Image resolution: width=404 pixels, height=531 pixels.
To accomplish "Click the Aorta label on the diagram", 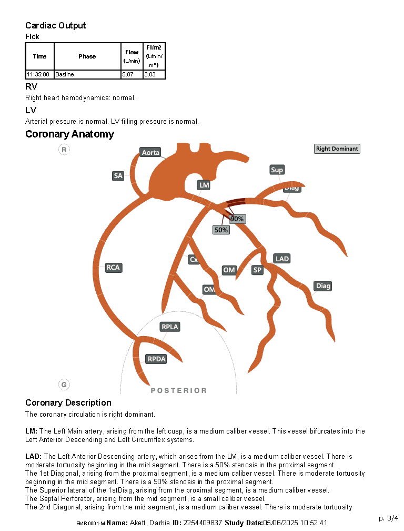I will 150,153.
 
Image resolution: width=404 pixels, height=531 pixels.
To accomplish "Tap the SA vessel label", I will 118,176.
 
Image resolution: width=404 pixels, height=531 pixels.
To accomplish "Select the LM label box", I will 204,185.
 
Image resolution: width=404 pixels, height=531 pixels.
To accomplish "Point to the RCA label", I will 113,268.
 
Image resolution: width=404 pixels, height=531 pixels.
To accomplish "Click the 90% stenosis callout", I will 237,219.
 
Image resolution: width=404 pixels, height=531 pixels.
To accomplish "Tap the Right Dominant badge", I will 337,149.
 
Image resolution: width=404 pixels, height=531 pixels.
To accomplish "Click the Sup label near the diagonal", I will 277,170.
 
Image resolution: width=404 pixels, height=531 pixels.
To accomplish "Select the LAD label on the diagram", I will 282,259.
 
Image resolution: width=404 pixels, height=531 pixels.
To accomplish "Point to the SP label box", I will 257,270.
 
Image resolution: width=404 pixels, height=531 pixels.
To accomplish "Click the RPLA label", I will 170,327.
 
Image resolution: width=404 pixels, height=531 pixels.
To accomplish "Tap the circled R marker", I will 64,150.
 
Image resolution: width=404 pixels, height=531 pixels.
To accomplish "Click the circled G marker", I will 64,385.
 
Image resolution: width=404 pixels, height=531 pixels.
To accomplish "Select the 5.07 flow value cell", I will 132,75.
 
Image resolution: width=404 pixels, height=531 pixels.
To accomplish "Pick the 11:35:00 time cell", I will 39,75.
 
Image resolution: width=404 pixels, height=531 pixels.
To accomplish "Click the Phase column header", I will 87,56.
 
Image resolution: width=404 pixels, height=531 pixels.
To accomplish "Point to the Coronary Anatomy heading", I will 69,134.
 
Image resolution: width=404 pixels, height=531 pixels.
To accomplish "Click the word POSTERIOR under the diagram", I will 179,390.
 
